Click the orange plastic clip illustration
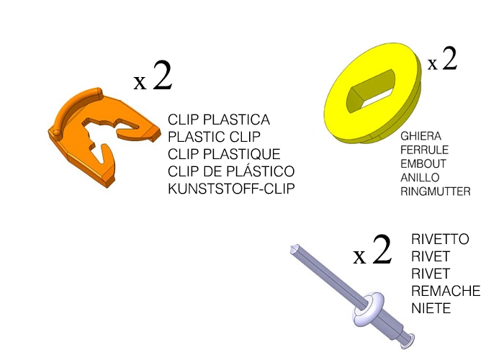[104, 138]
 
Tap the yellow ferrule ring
[373, 93]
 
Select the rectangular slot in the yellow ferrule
[370, 91]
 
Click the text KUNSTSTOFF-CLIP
[231, 189]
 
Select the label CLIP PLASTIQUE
[224, 154]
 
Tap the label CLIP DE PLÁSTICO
[231, 171]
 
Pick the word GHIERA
[420, 136]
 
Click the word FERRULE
[424, 150]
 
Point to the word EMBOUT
[423, 164]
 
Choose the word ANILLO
[420, 178]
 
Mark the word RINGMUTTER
[436, 192]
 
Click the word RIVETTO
[440, 240]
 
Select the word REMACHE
[446, 291]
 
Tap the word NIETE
[431, 309]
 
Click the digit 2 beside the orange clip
[162, 76]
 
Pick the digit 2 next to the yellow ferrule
[449, 58]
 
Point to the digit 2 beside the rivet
[382, 249]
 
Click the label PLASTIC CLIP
[214, 137]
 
